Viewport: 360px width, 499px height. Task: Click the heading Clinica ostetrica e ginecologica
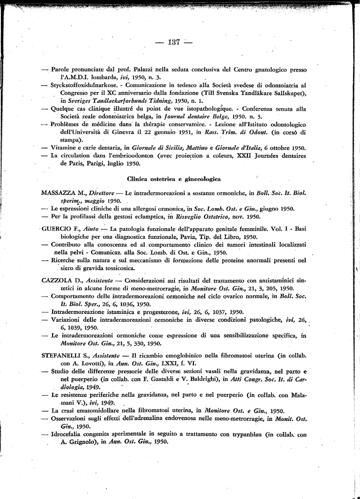tap(174, 179)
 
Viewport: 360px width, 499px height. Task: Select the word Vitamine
tap(65, 148)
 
